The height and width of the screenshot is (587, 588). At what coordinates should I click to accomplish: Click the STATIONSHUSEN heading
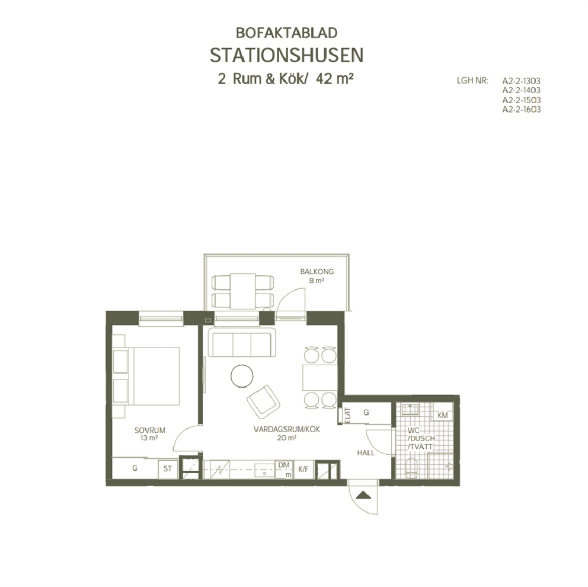pyautogui.click(x=286, y=56)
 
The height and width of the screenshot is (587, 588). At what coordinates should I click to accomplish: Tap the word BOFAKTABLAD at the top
pyautogui.click(x=286, y=33)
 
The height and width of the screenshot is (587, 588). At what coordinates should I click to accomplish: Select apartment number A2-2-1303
pyautogui.click(x=521, y=81)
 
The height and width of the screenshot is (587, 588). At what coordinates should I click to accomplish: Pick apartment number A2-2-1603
pyautogui.click(x=521, y=109)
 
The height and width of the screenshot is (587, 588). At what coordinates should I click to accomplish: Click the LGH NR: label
pyautogui.click(x=472, y=81)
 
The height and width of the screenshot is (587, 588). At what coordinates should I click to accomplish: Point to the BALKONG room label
pyautogui.click(x=317, y=272)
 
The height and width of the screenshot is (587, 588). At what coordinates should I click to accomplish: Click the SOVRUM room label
pyautogui.click(x=149, y=430)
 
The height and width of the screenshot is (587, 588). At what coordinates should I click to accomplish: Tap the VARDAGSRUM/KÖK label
pyautogui.click(x=287, y=429)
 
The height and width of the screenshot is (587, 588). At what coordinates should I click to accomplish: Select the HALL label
pyautogui.click(x=366, y=453)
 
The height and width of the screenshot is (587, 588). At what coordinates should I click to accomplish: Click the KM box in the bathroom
pyautogui.click(x=443, y=416)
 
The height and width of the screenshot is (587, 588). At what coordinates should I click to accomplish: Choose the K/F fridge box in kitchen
pyautogui.click(x=303, y=469)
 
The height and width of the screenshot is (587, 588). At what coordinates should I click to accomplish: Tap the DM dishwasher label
pyautogui.click(x=284, y=465)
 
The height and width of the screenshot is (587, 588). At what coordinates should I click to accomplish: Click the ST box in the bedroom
pyautogui.click(x=168, y=469)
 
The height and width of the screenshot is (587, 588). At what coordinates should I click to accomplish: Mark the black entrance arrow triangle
pyautogui.click(x=363, y=496)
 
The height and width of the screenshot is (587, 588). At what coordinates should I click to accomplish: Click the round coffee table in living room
pyautogui.click(x=242, y=376)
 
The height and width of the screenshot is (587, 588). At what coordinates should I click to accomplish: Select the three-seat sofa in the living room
pyautogui.click(x=242, y=343)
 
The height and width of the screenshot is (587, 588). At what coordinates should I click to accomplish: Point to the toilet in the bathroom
pyautogui.click(x=411, y=468)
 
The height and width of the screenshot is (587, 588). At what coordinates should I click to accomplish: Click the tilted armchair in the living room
pyautogui.click(x=264, y=401)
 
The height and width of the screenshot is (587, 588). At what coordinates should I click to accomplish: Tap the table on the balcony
pyautogui.click(x=242, y=292)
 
